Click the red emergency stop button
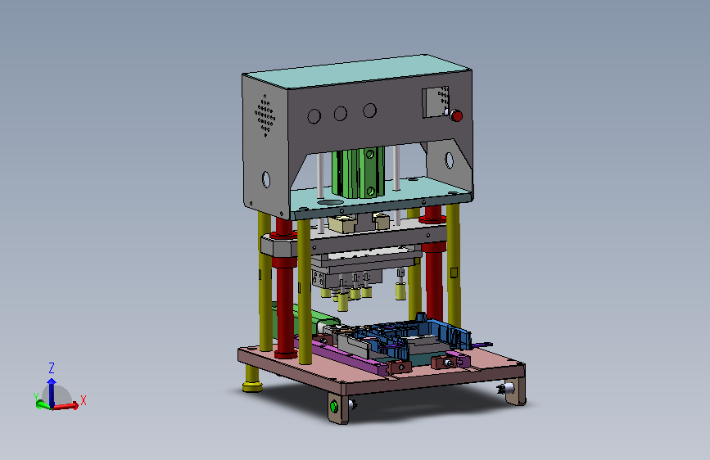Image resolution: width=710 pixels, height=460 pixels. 456,116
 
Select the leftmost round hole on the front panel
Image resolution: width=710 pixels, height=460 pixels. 314,116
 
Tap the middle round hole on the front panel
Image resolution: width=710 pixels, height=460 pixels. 341,113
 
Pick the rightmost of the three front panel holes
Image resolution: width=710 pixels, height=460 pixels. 369,110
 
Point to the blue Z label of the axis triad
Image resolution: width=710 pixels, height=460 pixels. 52,368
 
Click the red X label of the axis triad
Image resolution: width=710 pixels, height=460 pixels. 84,400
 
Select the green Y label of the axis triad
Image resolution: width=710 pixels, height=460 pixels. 36,397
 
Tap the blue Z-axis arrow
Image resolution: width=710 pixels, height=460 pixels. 52,392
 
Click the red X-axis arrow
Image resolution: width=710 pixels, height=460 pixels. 66,406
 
